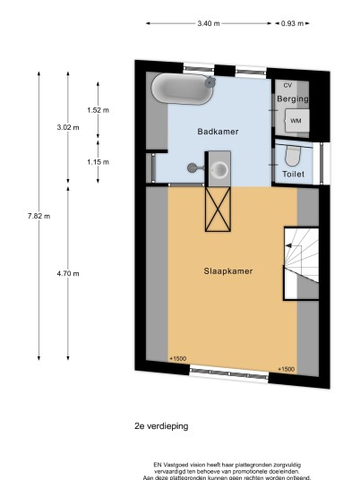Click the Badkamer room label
(218, 132)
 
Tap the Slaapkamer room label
(228, 271)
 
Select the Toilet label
(293, 175)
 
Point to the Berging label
(293, 99)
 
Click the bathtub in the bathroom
(183, 89)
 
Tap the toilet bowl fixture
(292, 156)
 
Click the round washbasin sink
(219, 169)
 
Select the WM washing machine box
(296, 121)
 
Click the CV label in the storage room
(287, 85)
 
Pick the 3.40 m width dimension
(209, 23)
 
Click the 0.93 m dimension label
(292, 23)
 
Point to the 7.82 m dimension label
(39, 216)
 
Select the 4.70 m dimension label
(68, 274)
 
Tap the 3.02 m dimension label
(68, 127)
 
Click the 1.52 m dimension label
(98, 110)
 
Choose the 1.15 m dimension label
(98, 162)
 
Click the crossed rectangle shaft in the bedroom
(218, 209)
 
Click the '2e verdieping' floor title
(161, 426)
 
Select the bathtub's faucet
(210, 82)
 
